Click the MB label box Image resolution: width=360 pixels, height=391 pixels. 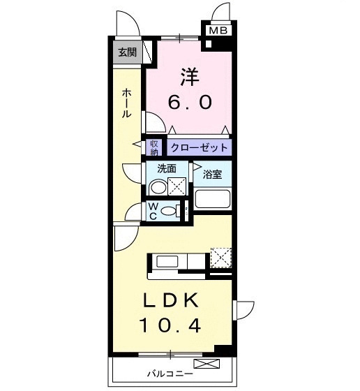tap(218, 31)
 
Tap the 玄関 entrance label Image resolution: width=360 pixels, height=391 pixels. tap(127, 52)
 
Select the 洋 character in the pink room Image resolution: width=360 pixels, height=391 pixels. tap(188, 75)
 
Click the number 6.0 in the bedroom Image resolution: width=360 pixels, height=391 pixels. tap(188, 102)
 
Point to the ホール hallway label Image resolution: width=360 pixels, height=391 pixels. tap(126, 103)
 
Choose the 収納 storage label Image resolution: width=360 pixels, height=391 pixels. tap(154, 147)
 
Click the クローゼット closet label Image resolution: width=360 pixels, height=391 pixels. tap(199, 148)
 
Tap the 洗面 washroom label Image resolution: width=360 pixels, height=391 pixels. tap(166, 168)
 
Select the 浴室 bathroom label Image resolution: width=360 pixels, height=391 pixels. tap(213, 174)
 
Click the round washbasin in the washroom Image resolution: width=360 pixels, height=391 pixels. tap(158, 187)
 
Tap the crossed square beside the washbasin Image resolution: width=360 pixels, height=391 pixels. tap(177, 186)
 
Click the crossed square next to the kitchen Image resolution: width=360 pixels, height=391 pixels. tap(220, 257)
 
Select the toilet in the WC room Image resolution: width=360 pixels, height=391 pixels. tap(183, 210)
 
